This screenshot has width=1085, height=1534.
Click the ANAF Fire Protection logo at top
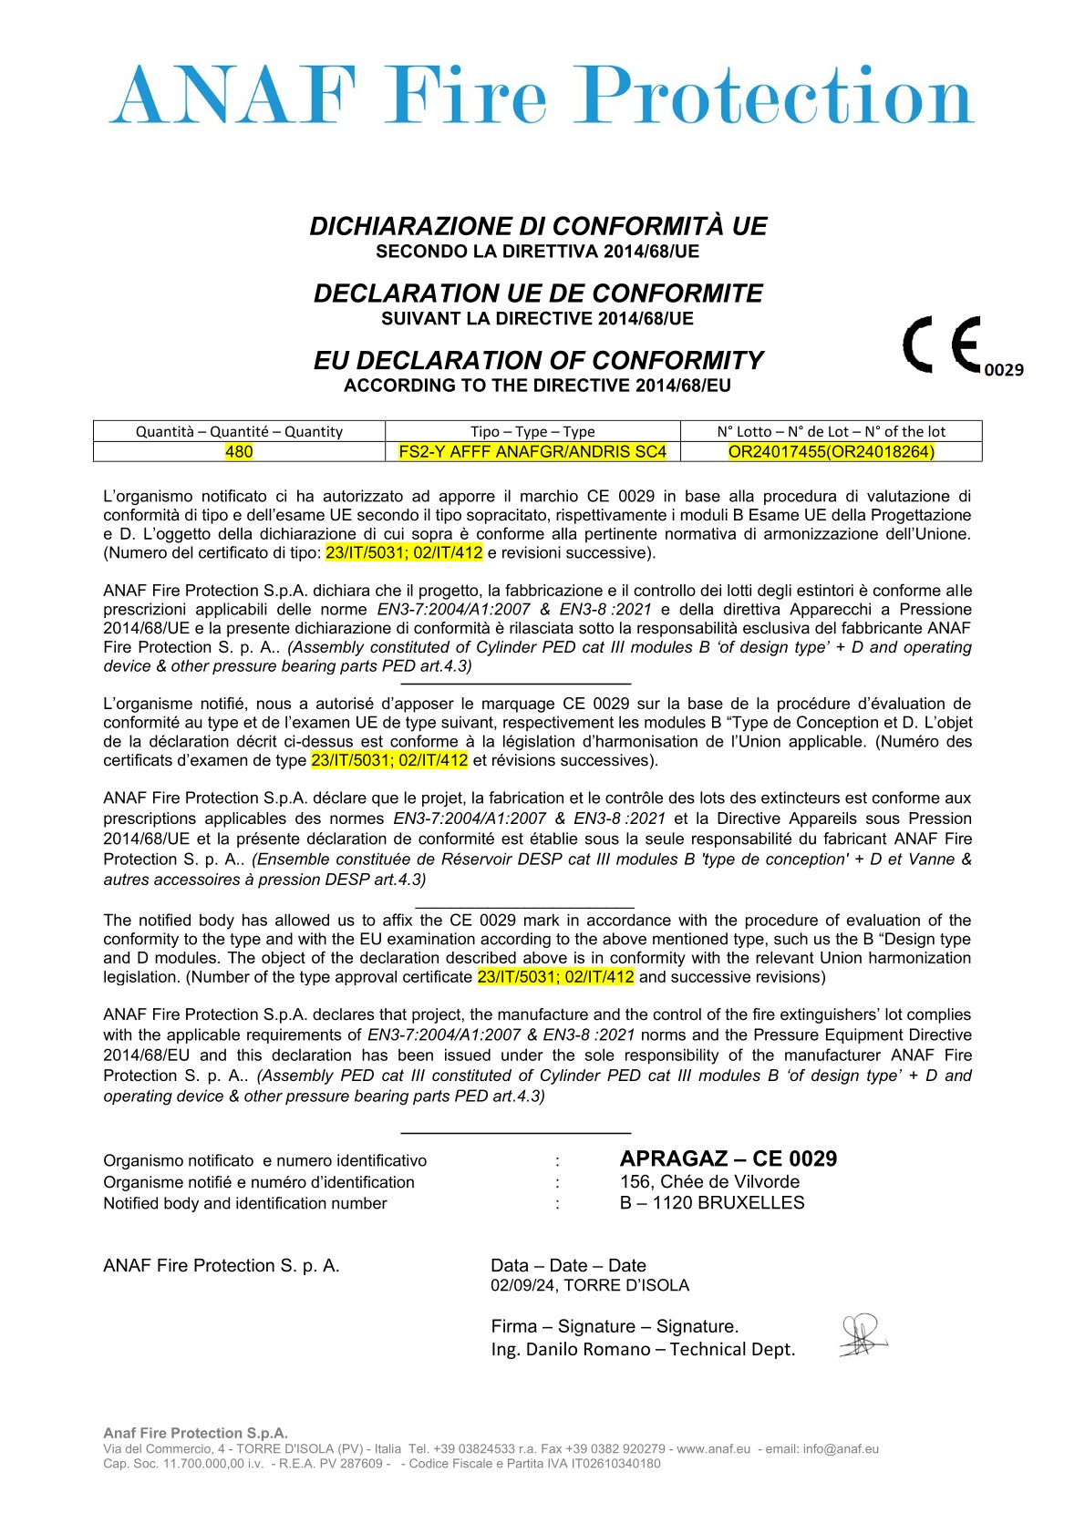click(542, 95)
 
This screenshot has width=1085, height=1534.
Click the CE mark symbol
click(942, 345)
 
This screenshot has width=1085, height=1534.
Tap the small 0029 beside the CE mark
click(1004, 370)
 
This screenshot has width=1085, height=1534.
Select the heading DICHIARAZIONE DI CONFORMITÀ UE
click(538, 226)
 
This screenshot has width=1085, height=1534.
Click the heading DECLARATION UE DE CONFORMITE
click(538, 293)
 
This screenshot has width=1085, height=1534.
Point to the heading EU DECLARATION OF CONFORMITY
click(538, 361)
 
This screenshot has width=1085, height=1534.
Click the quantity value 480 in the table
click(239, 452)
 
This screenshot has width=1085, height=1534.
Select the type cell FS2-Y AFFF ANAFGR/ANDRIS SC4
click(532, 452)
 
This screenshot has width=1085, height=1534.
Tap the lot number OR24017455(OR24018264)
click(831, 452)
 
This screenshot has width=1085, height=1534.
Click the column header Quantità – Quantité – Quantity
click(239, 431)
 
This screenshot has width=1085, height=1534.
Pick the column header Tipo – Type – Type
click(532, 431)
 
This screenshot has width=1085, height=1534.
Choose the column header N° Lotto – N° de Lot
click(831, 431)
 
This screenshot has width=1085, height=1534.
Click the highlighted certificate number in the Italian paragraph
click(403, 552)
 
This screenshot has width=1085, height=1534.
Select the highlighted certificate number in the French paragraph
click(389, 760)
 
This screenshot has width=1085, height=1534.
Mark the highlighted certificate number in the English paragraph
click(555, 977)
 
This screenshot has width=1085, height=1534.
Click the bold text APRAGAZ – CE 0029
click(728, 1158)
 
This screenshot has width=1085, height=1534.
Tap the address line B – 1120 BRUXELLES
click(711, 1203)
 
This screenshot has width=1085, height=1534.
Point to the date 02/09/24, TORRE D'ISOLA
click(589, 1285)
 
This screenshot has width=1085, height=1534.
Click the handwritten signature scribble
click(862, 1335)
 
